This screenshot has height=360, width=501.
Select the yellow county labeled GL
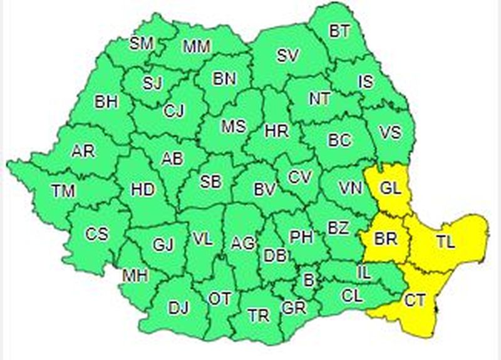pyautogui.click(x=390, y=187)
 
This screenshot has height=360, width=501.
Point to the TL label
pyautogui.click(x=445, y=241)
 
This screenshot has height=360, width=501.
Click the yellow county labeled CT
pyautogui.click(x=415, y=301)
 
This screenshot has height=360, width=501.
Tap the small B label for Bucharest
pyautogui.click(x=307, y=280)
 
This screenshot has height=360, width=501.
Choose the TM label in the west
pyautogui.click(x=63, y=191)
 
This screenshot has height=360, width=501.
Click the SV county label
pyautogui.click(x=287, y=56)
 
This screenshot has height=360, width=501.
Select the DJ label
pyautogui.click(x=178, y=307)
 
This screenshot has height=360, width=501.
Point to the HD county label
pyautogui.click(x=143, y=189)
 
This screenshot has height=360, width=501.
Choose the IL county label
pyautogui.click(x=364, y=272)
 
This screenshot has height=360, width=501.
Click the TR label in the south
pyautogui.click(x=258, y=316)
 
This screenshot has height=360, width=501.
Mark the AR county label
pyautogui.click(x=83, y=151)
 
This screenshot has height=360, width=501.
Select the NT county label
pyautogui.click(x=319, y=99)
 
